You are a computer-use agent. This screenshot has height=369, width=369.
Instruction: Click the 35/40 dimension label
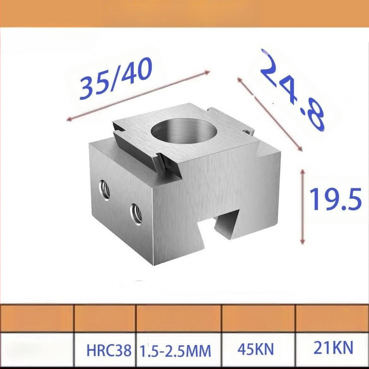click(116, 78)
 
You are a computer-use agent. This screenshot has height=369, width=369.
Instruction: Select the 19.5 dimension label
click(335, 199)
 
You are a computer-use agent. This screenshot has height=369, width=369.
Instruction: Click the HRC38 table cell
click(109, 350)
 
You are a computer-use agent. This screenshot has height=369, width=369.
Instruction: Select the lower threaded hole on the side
click(136, 214)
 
